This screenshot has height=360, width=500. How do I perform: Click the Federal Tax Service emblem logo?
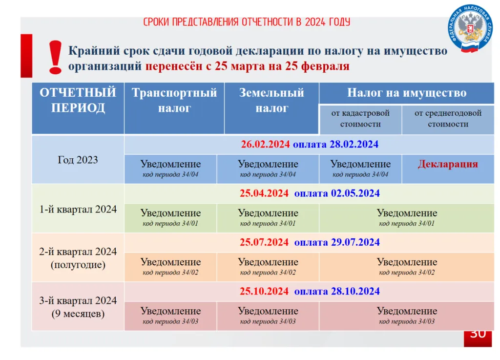(x=470, y=28)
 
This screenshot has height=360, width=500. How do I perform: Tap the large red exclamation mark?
(x=55, y=58)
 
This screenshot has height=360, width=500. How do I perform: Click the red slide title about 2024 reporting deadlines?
(x=247, y=22)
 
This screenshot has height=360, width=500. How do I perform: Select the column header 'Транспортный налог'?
(x=174, y=100)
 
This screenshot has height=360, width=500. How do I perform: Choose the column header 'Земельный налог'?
(x=271, y=100)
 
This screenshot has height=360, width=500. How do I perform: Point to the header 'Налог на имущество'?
(x=407, y=93)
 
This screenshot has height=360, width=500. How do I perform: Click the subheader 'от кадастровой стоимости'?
(x=360, y=118)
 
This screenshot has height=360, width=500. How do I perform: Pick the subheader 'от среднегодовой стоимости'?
(x=448, y=118)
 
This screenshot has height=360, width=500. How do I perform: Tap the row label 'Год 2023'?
(x=78, y=160)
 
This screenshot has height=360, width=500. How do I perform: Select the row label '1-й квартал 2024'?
(x=78, y=209)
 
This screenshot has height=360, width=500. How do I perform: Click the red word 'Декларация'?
(x=448, y=164)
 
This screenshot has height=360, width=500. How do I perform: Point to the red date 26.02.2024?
(x=265, y=144)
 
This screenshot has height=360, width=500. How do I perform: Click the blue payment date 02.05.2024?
(x=355, y=193)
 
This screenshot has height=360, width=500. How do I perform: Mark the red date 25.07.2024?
(x=264, y=242)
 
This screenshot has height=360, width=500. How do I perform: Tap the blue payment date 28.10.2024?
(x=355, y=291)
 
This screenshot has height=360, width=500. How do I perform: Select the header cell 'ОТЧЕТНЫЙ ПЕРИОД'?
(x=78, y=100)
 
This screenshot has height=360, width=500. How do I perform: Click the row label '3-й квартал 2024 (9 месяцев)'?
(x=78, y=307)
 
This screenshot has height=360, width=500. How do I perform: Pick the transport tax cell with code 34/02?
(x=170, y=267)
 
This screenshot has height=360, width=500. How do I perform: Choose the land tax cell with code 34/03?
(x=268, y=316)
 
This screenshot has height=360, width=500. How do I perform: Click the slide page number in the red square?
(x=478, y=336)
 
